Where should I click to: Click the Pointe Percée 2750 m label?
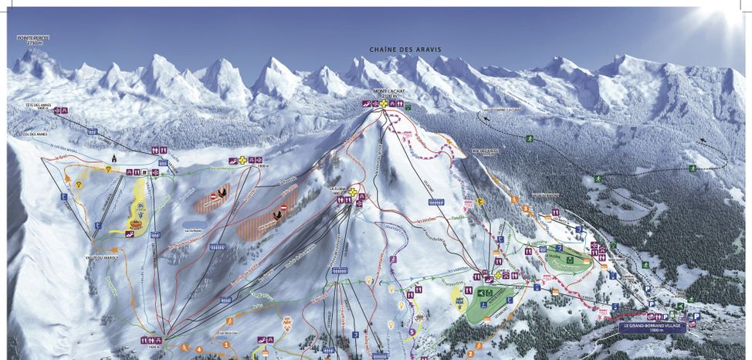tap(32, 39)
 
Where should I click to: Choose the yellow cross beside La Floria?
tap(354, 192)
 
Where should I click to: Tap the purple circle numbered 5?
tap(412, 333)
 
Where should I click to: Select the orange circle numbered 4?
tap(199, 349)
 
